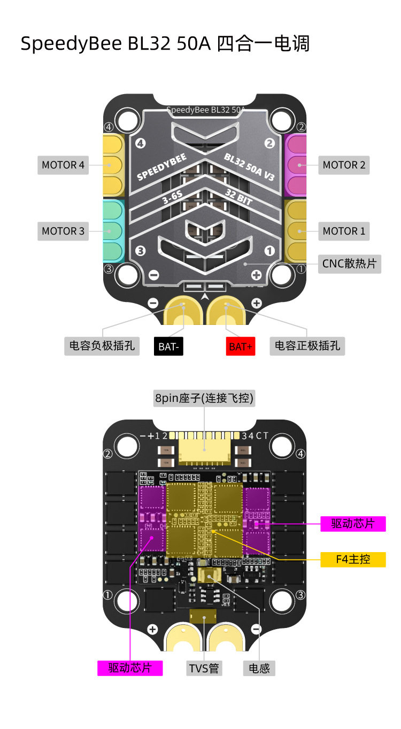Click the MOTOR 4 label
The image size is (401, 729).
tap(63, 165)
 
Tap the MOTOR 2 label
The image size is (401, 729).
tap(344, 165)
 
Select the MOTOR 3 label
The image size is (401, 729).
tap(63, 231)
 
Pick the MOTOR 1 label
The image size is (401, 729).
tap(344, 231)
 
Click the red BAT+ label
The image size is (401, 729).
tap(241, 346)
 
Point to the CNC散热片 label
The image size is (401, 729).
tap(349, 263)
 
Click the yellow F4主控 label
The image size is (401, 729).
tap(353, 559)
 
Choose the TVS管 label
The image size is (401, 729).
tap(204, 668)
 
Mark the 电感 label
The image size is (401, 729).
tap(259, 668)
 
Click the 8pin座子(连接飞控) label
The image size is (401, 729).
tap(204, 398)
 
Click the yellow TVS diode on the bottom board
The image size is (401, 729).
tap(203, 616)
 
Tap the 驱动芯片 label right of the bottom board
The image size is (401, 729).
tap(353, 523)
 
